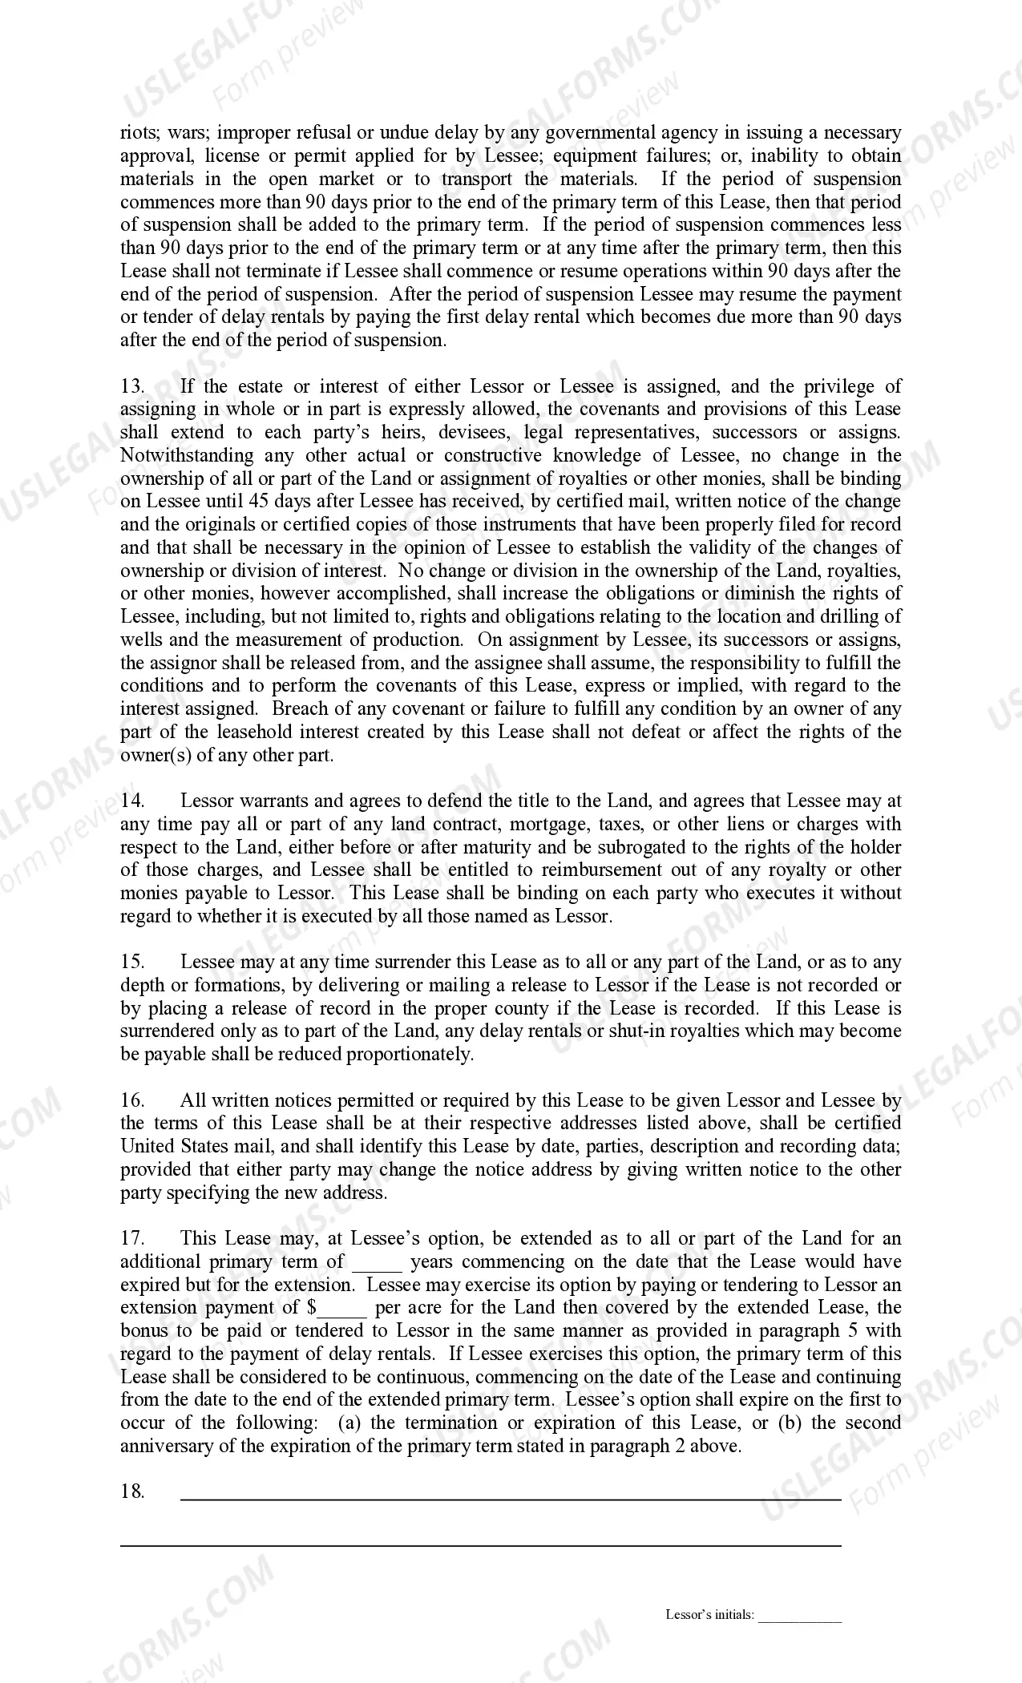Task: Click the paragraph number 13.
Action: pos(131,386)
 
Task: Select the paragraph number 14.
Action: pos(131,801)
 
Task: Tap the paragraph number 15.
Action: pos(131,962)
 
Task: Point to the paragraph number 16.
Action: pos(131,1100)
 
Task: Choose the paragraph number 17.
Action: pos(131,1239)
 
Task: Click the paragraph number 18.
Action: pos(131,1491)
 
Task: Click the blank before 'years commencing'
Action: pos(377,1263)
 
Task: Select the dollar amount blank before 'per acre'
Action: pos(342,1309)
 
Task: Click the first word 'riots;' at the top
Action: pos(139,133)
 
